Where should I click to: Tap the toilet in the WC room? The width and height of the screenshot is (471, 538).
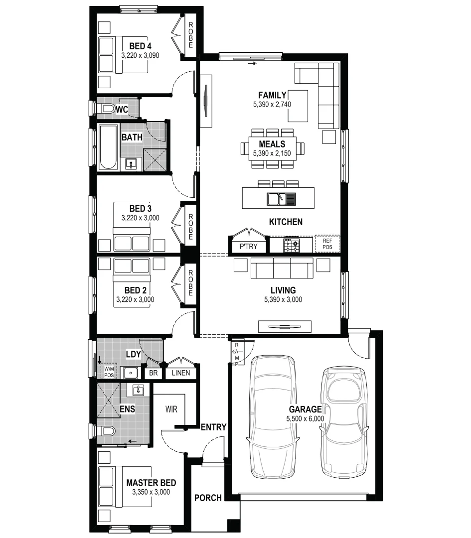[x=106, y=109]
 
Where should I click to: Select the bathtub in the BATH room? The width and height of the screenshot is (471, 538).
[x=107, y=147]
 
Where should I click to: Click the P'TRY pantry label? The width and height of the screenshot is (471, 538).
[x=249, y=246]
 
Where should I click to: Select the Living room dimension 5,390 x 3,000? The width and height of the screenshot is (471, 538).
[x=283, y=300]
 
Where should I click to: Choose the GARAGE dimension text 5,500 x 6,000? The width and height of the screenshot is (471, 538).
[x=305, y=419]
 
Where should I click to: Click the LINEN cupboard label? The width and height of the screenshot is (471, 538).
[x=181, y=373]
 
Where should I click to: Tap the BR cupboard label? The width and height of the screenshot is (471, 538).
[x=153, y=373]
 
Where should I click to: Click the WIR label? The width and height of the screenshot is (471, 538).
[x=171, y=408]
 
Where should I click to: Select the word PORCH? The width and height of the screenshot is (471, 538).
[x=208, y=498]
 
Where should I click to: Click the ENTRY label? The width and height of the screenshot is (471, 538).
[x=213, y=427]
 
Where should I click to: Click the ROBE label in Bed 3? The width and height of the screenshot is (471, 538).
[x=190, y=227]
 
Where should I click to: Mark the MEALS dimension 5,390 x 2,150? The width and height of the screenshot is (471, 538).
[x=272, y=153]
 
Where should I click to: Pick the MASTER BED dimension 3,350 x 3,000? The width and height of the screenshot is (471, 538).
[x=151, y=492]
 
